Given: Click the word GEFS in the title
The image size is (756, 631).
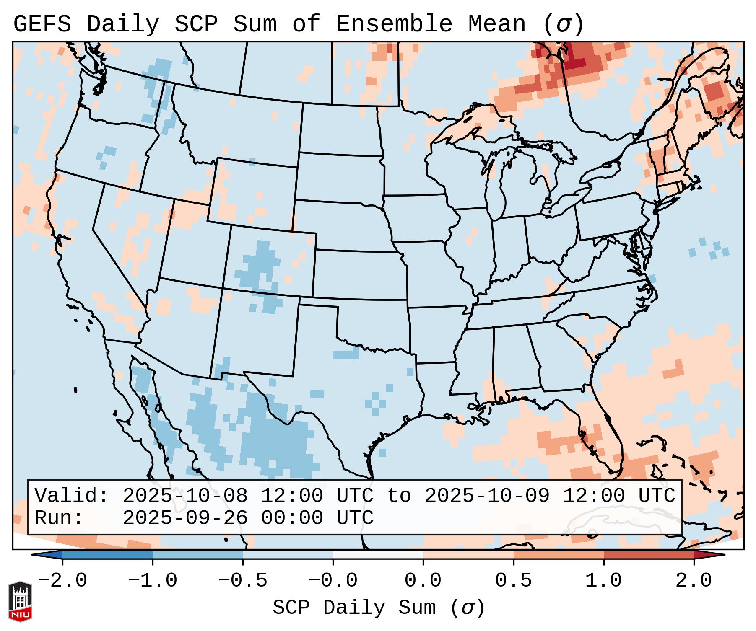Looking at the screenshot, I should coord(42,24).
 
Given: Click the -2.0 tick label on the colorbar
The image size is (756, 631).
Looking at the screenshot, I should coord(62,581).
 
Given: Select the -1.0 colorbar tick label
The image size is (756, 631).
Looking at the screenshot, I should coord(152,581).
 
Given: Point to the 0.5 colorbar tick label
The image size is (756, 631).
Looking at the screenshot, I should coord(513,581).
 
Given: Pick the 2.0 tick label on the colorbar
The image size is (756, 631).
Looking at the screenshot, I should coord(694,581).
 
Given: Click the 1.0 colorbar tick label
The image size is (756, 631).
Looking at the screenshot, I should coord(603,581).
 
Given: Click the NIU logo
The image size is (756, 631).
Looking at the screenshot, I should coord(20,601).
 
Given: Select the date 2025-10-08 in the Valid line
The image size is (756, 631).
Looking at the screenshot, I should coord(185,496).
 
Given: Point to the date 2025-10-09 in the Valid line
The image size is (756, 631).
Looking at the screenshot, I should coord(487,496).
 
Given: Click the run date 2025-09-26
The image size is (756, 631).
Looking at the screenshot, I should coord(185,518).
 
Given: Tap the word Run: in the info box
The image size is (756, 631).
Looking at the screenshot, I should coord(59,518).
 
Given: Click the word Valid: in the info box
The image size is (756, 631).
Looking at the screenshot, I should coord(71,496).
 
